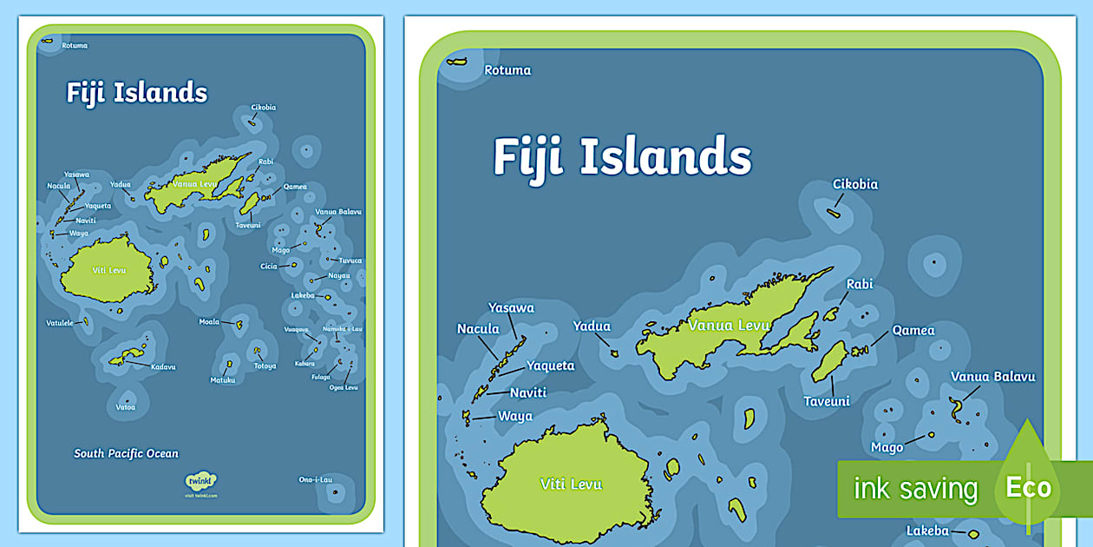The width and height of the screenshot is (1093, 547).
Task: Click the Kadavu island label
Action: click(163, 367)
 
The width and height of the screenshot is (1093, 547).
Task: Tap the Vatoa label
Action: click(126, 406)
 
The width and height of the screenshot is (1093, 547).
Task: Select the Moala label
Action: click(209, 322)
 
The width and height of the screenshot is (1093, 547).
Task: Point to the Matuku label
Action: click(223, 380)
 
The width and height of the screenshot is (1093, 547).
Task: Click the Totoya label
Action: click(265, 366)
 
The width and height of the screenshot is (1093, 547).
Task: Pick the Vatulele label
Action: click(61, 323)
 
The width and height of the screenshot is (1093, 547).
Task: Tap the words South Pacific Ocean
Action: click(126, 453)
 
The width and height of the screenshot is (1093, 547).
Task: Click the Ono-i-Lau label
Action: click(316, 479)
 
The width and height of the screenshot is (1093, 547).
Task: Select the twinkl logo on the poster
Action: click(201, 480)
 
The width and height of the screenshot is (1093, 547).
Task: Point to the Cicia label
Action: click(268, 266)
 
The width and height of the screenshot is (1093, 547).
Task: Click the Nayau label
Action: click(339, 275)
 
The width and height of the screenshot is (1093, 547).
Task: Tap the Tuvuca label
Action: click(350, 260)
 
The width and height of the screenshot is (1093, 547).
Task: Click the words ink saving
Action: click(915, 489)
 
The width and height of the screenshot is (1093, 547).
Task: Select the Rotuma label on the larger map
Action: click(507, 70)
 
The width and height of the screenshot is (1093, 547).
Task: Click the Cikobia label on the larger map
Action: click(855, 184)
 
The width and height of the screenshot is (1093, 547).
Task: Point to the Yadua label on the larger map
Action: click(592, 326)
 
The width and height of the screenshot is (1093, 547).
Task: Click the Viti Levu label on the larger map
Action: click(571, 484)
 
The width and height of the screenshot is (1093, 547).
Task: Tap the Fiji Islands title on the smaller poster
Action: click(137, 93)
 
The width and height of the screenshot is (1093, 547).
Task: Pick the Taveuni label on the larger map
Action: click(827, 401)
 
